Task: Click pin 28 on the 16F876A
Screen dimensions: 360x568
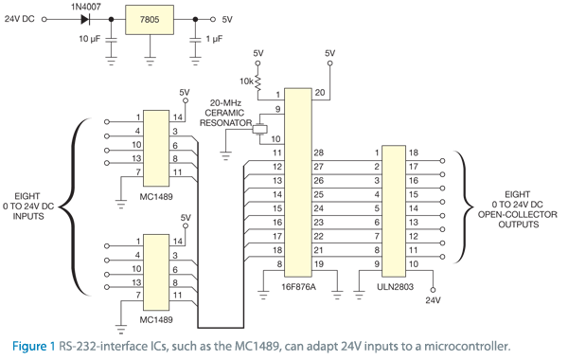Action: tap(318, 153)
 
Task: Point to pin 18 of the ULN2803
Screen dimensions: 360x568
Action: tap(414, 153)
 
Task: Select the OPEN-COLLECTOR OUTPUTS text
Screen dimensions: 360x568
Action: tap(517, 214)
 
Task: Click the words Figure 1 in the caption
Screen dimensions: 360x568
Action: tap(31, 344)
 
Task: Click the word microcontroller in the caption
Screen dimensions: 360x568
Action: tap(469, 344)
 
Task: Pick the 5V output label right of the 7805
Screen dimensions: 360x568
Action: tap(226, 19)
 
